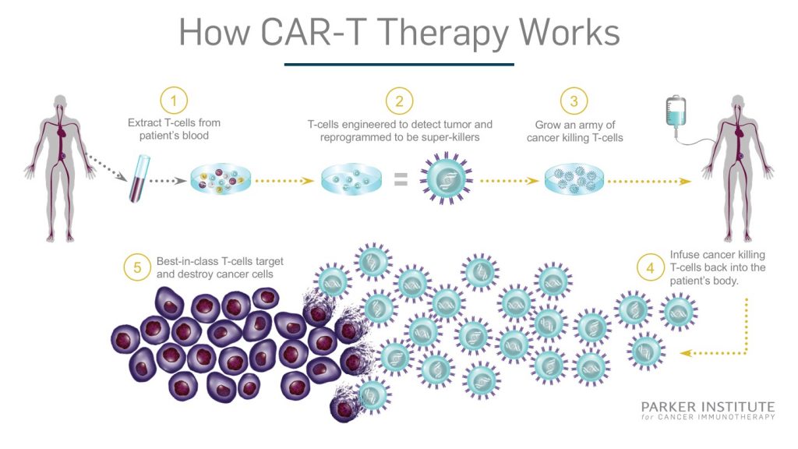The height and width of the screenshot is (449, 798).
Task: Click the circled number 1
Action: coord(175,101)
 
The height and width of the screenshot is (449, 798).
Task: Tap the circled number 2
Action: coord(399,101)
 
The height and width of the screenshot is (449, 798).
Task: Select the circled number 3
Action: coord(574,101)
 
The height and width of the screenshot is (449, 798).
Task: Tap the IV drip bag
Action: coord(675,115)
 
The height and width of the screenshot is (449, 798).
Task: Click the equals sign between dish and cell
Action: coord(400,181)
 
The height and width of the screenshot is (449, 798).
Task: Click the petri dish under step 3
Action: coord(574,179)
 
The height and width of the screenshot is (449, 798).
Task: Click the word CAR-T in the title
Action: coord(342,33)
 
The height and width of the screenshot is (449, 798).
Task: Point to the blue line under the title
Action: coord(399,64)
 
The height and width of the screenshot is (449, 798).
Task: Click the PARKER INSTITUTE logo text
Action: coord(708,407)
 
